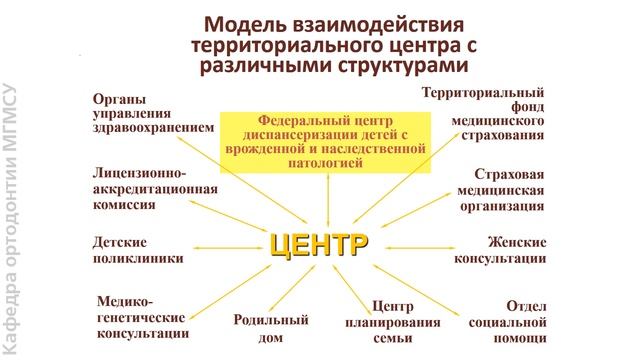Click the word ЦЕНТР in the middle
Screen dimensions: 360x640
coord(319,245)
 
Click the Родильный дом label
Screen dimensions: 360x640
coord(271,328)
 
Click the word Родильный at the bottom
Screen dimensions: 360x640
coord(270,319)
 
